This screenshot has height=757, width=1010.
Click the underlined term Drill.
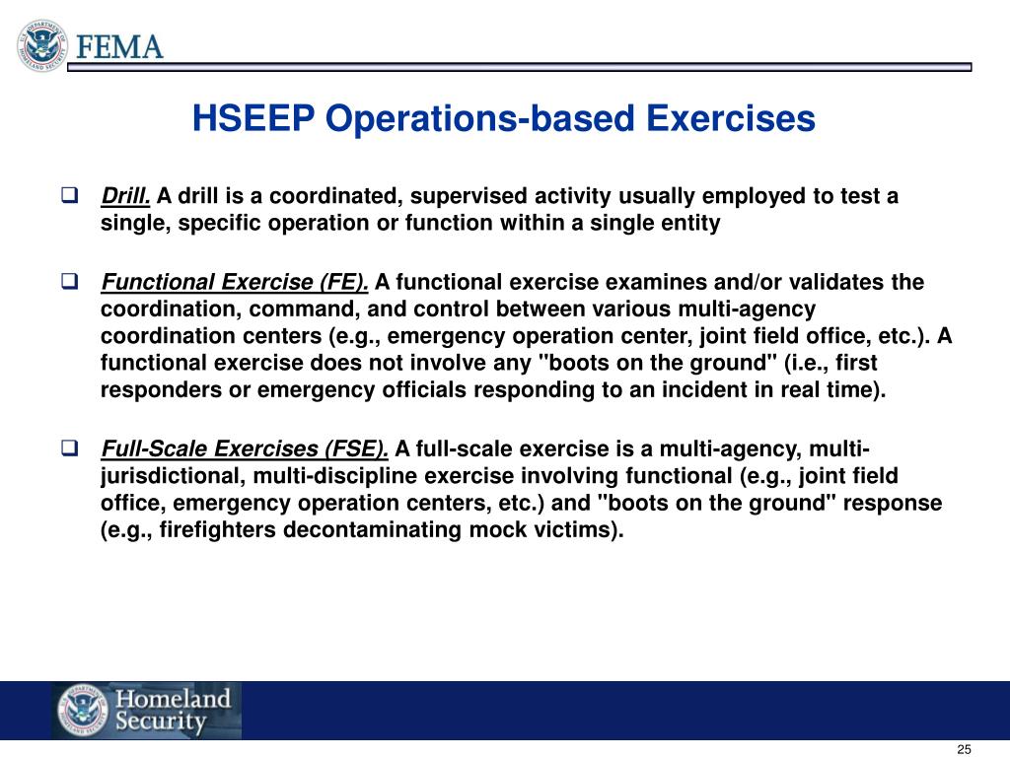pos(125,195)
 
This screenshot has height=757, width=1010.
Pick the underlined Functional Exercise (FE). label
pos(235,283)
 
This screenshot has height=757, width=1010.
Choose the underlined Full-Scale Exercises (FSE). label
pos(245,450)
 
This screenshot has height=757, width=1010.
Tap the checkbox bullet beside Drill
pos(69,195)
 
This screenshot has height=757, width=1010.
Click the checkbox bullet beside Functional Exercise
pos(69,283)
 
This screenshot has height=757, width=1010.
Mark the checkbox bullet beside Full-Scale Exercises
pos(69,450)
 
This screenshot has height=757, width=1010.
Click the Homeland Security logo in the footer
pos(146,711)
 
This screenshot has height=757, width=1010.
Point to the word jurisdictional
pos(174,477)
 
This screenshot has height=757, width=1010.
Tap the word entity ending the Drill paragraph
pos(691,223)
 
